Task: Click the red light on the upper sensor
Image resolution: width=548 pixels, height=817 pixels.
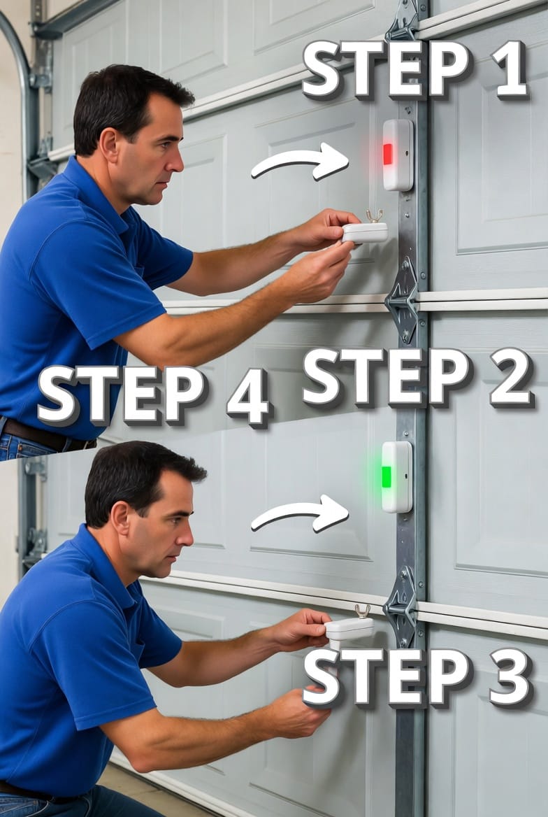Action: [387, 154]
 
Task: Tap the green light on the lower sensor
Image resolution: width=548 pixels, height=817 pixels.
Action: [386, 477]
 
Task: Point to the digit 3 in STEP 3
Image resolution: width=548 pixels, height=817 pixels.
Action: [510, 677]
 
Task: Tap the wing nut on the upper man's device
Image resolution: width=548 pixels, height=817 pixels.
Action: [374, 215]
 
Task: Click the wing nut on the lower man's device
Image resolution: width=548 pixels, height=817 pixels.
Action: [362, 611]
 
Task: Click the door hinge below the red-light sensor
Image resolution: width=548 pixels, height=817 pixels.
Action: [403, 300]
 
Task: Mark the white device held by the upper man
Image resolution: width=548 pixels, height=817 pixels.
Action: [365, 232]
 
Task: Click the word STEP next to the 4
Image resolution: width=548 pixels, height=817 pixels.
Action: [122, 395]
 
